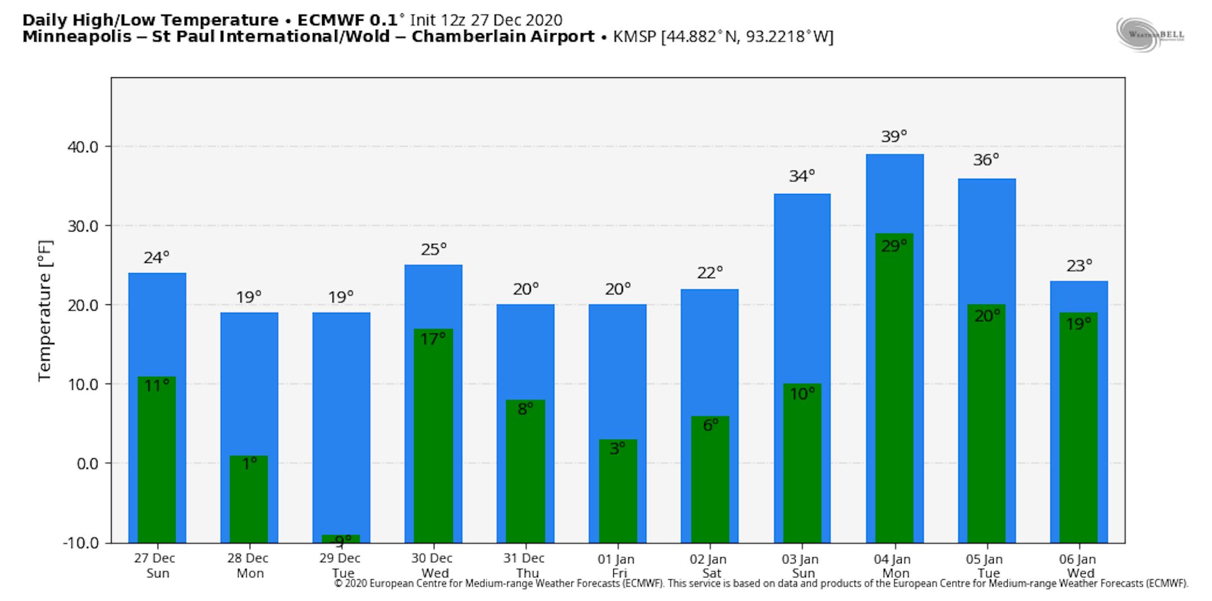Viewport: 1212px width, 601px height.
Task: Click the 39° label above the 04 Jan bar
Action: click(894, 136)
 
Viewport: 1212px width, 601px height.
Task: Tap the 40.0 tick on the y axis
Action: click(82, 147)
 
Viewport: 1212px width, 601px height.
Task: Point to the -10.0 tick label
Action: click(80, 543)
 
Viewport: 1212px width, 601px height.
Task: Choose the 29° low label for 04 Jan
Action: click(894, 246)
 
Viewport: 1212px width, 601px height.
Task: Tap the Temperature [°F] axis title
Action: click(45, 311)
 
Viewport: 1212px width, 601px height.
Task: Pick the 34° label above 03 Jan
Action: click(802, 176)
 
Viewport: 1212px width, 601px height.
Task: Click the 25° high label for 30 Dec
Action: click(434, 249)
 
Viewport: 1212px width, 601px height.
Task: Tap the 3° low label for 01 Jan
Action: click(617, 449)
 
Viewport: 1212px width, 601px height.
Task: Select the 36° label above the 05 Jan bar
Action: click(986, 160)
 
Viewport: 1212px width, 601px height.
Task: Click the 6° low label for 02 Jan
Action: click(710, 426)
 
